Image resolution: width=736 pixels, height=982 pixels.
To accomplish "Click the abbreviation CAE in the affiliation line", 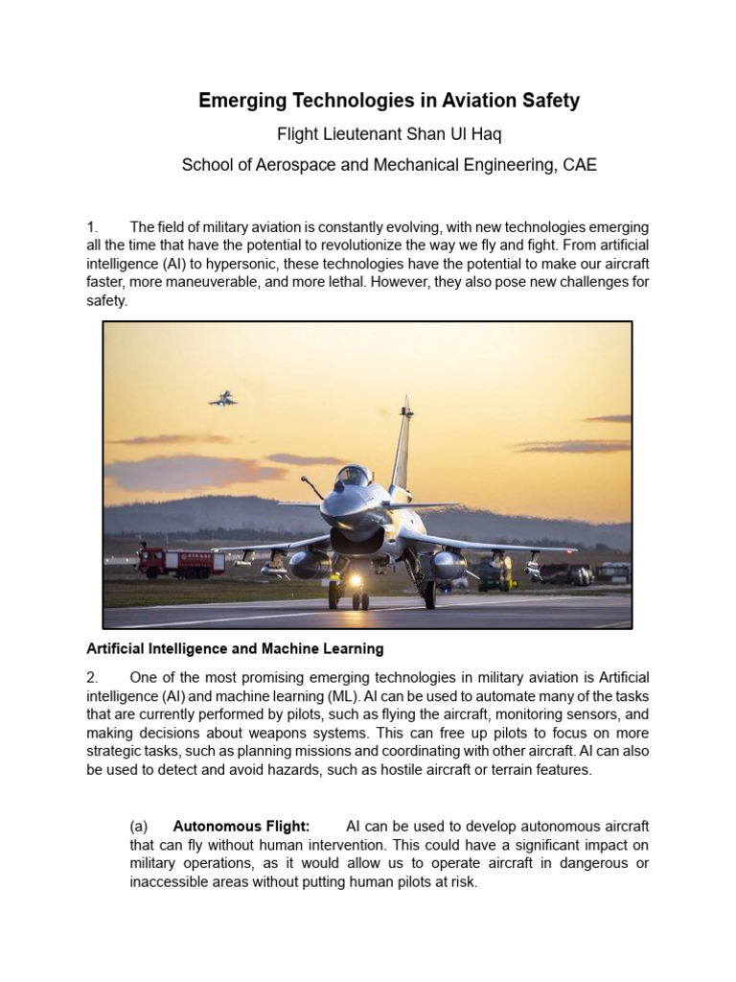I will pos(580,165).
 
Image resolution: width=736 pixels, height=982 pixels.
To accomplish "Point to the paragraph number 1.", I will pos(92,227).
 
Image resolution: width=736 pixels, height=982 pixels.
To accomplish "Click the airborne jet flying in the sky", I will pos(223,398).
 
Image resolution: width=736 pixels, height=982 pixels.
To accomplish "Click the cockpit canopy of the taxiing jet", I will pos(354,478).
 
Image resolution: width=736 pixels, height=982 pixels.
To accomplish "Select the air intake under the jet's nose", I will pos(356,538).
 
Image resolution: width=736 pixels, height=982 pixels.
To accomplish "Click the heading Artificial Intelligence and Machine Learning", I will pos(235,649).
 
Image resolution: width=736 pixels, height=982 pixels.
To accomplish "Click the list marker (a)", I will pos(139,827).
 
